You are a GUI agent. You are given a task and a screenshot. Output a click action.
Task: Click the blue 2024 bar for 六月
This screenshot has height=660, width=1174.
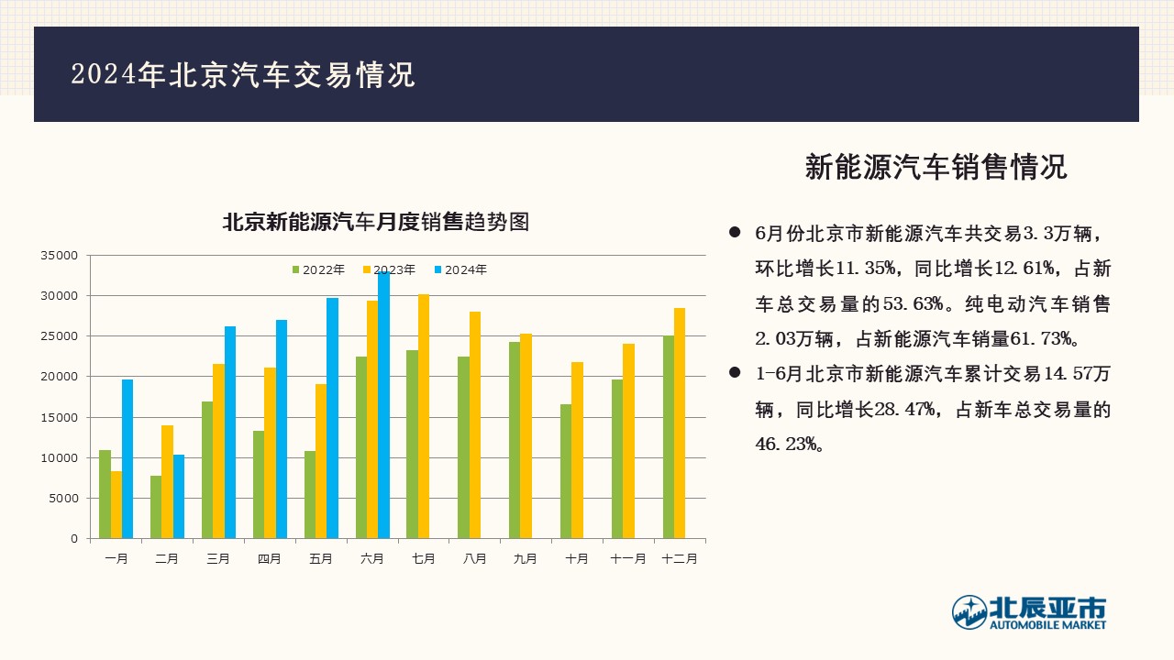[x=383, y=405]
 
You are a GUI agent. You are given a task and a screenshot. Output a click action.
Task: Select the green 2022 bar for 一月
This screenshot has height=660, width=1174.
[x=105, y=494]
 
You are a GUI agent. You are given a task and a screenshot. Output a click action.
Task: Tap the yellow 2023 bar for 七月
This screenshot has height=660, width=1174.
[x=424, y=416]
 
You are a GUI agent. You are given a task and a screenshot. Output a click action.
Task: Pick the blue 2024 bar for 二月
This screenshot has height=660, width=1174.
[x=179, y=497]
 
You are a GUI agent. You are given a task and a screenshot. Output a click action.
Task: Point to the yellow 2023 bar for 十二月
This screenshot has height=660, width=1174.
[x=680, y=423]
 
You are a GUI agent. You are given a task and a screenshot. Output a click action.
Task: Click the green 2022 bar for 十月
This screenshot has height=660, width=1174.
[x=566, y=471]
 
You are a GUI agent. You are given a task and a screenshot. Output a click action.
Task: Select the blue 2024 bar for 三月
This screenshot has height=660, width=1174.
[x=230, y=432]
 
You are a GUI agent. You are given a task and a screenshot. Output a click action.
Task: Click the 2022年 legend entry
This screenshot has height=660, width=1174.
[x=318, y=269]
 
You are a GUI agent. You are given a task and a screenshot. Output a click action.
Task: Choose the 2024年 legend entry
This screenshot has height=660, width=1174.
[x=460, y=269]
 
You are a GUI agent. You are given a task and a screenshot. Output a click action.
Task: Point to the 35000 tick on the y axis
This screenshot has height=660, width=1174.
[x=60, y=256]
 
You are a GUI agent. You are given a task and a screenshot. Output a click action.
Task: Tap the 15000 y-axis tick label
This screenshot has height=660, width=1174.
[x=60, y=417]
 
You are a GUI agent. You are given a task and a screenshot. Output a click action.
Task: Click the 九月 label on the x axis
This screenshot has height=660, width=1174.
[x=526, y=559]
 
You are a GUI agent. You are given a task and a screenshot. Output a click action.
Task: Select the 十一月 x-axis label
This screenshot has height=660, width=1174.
[x=628, y=559]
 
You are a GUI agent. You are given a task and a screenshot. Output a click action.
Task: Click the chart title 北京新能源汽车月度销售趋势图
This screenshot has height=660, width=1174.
[x=376, y=222]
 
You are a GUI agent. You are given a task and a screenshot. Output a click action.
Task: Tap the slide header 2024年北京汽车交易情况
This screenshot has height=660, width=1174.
[x=243, y=74]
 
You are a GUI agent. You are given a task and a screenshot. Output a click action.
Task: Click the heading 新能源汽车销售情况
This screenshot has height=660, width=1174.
[x=936, y=167]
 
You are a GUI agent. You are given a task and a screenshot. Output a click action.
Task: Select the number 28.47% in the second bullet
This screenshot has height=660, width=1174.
[x=904, y=409]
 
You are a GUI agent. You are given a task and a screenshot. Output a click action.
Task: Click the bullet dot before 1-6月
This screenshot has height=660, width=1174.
[x=735, y=372]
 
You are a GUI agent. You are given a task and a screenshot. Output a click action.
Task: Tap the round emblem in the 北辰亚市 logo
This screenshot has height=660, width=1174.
[x=969, y=611]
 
